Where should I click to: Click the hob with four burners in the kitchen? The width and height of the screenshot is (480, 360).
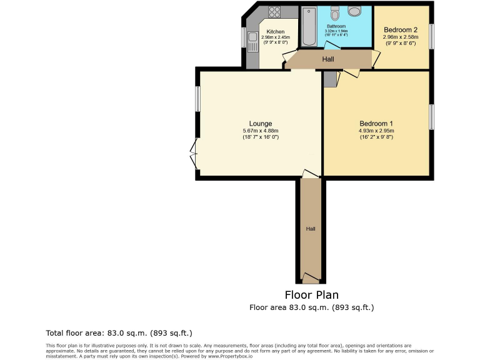pyautogui.click(x=274, y=11)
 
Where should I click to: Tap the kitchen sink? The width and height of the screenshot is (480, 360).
pyautogui.click(x=252, y=43)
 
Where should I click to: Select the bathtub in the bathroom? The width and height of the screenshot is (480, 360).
pyautogui.click(x=309, y=27)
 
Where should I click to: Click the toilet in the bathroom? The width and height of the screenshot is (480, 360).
pyautogui.click(x=335, y=14)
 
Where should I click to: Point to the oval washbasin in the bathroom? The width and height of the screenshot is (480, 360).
pyautogui.click(x=354, y=11)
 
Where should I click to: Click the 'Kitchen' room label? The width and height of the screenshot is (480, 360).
pyautogui.click(x=276, y=32)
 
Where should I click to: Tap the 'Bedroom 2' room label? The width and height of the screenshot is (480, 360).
pyautogui.click(x=401, y=29)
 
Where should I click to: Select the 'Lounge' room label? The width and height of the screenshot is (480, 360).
pyautogui.click(x=260, y=123)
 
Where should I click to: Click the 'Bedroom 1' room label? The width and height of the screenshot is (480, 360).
pyautogui.click(x=376, y=123)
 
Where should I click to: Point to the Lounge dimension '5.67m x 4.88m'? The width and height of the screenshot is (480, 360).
pyautogui.click(x=260, y=130)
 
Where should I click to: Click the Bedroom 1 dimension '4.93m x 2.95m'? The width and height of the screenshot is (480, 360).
pyautogui.click(x=376, y=130)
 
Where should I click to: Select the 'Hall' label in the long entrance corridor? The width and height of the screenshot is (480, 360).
pyautogui.click(x=310, y=229)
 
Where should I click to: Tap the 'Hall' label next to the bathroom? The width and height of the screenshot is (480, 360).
pyautogui.click(x=327, y=59)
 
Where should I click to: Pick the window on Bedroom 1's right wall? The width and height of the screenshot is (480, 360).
pyautogui.click(x=431, y=117)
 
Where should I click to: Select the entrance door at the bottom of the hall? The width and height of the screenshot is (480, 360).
pyautogui.click(x=310, y=278)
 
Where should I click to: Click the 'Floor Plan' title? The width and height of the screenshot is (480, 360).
pyautogui.click(x=312, y=295)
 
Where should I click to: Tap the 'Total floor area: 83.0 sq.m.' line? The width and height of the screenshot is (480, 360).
pyautogui.click(x=119, y=333)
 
